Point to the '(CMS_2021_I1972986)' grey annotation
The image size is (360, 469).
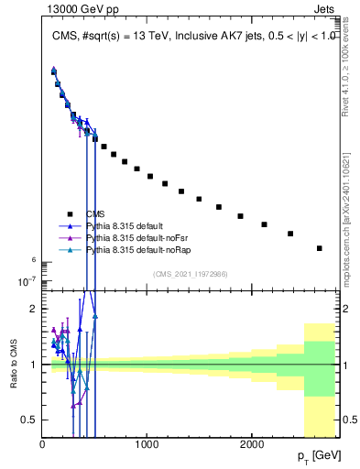click(191, 273)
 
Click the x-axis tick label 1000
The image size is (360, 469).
click(147, 445)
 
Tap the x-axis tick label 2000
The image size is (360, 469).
click(252, 445)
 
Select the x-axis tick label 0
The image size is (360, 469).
click(42, 445)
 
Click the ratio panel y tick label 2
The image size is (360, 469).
click(33, 309)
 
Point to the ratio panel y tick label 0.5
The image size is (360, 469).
click(29, 420)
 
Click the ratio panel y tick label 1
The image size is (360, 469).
click(33, 365)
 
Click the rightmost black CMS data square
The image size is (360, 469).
click(320, 248)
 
